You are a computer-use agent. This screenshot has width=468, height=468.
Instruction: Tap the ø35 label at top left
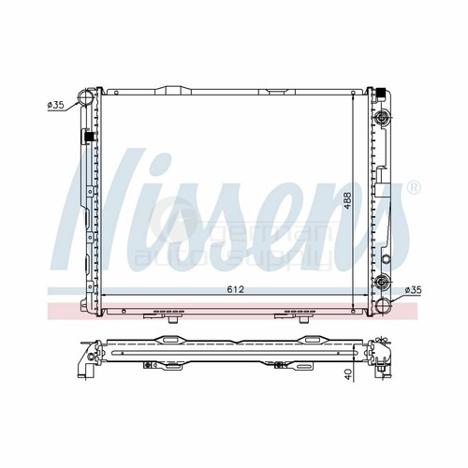pyautogui.click(x=54, y=105)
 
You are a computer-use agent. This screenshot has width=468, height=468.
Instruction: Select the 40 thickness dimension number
pyautogui.click(x=346, y=374)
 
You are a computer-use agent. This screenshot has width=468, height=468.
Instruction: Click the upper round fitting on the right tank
pyautogui.click(x=382, y=118)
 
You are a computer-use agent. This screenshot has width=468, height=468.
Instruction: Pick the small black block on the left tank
pyautogui.click(x=90, y=138)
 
